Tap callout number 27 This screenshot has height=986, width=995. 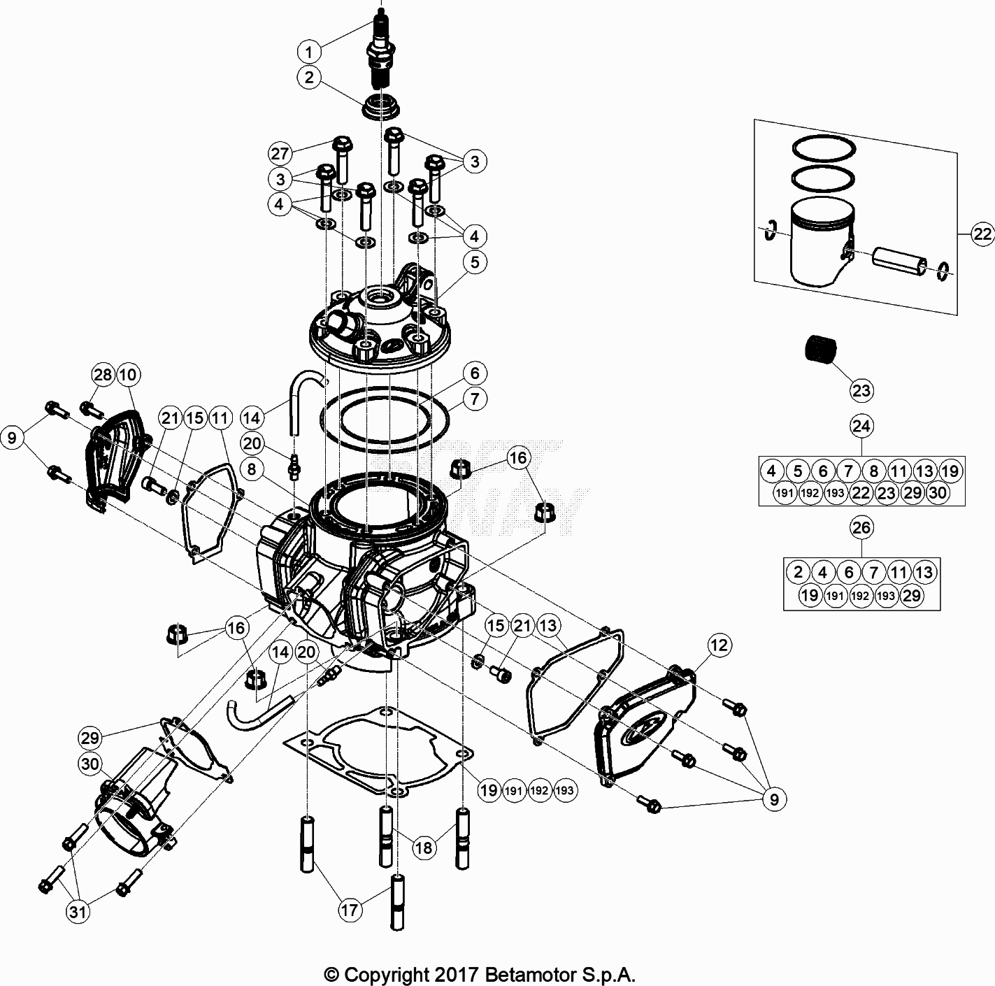tap(280, 153)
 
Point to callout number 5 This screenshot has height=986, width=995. tap(475, 262)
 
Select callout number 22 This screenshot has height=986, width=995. tap(982, 234)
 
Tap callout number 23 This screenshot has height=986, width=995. tap(861, 390)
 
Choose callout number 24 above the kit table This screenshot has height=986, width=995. tap(861, 425)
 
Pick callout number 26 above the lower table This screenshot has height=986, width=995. tap(861, 527)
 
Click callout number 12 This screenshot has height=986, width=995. tap(720, 645)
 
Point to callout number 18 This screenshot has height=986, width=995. tap(423, 848)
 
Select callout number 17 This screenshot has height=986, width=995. tap(350, 910)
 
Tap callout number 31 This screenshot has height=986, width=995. tap(78, 911)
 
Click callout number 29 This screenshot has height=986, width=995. tap(91, 737)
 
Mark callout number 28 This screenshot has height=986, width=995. tap(103, 375)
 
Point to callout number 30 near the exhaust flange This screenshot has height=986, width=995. tap(91, 764)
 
